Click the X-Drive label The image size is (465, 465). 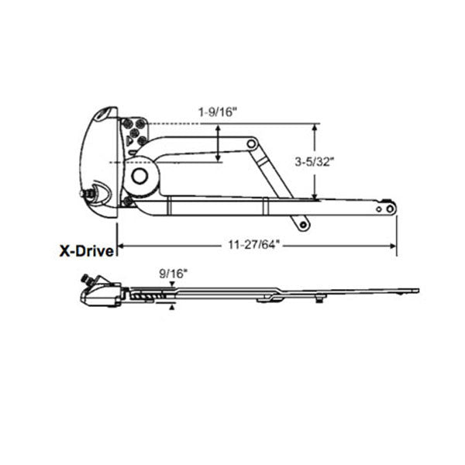88,250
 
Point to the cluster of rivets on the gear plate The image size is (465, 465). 135,133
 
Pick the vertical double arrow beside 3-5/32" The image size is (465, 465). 315,161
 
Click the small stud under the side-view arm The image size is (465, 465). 320,297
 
